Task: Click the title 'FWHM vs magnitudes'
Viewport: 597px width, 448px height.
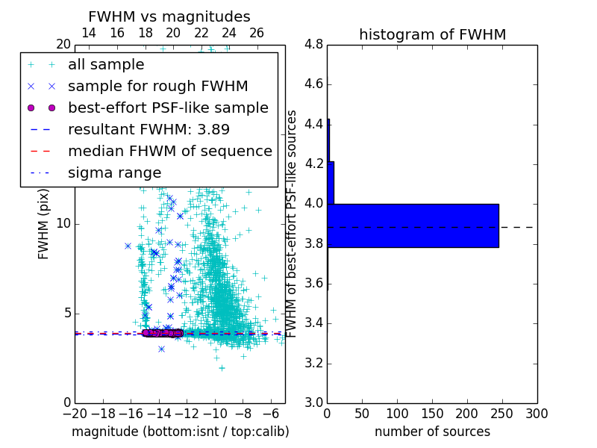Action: pos(169,17)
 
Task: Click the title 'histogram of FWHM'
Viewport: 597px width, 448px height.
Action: pos(432,34)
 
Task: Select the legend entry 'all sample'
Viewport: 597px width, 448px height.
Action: pos(105,65)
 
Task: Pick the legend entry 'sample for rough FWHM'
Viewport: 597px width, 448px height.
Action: pos(157,87)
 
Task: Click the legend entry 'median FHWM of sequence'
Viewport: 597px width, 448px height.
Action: pos(169,151)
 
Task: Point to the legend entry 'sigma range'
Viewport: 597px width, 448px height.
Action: pos(114,172)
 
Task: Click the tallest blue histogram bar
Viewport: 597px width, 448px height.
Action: pos(413,225)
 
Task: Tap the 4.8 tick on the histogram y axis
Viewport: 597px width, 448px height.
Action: pos(314,45)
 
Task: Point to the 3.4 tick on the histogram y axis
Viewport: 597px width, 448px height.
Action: pos(314,323)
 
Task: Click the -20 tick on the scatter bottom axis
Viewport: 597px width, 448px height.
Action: pos(75,413)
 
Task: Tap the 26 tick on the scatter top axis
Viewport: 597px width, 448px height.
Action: pos(257,33)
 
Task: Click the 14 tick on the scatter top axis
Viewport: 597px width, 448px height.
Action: pos(88,33)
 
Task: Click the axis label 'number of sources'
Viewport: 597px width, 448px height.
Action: pos(432,432)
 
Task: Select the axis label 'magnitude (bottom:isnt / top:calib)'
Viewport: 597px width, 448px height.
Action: pos(180,432)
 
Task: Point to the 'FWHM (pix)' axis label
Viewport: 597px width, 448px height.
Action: pos(44,224)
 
